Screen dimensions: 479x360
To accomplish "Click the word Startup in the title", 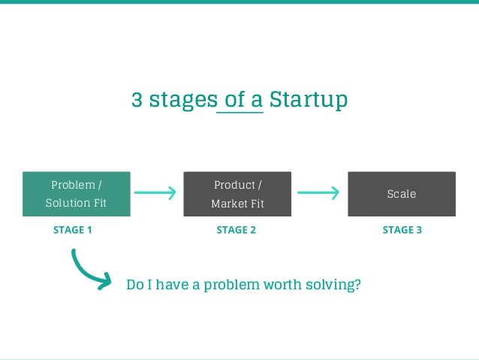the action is click(x=308, y=100).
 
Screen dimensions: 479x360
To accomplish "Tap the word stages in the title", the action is click(x=182, y=101).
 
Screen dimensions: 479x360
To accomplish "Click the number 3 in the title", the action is click(x=137, y=100).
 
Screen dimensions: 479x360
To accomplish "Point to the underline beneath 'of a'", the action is click(x=239, y=113).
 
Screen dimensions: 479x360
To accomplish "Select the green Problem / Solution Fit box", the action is click(x=76, y=194).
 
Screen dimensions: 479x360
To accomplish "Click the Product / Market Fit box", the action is click(x=237, y=194).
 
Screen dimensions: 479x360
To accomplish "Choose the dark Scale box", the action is click(x=401, y=194).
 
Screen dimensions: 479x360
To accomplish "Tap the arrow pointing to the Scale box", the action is click(x=318, y=193).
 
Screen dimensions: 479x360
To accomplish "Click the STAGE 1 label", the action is click(x=73, y=230).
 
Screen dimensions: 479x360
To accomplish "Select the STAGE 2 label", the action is click(x=236, y=230).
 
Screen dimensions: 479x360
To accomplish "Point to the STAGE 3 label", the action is click(x=402, y=230).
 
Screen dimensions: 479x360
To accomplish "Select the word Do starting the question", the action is click(x=134, y=285).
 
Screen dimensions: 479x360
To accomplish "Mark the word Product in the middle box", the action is click(x=234, y=185).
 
